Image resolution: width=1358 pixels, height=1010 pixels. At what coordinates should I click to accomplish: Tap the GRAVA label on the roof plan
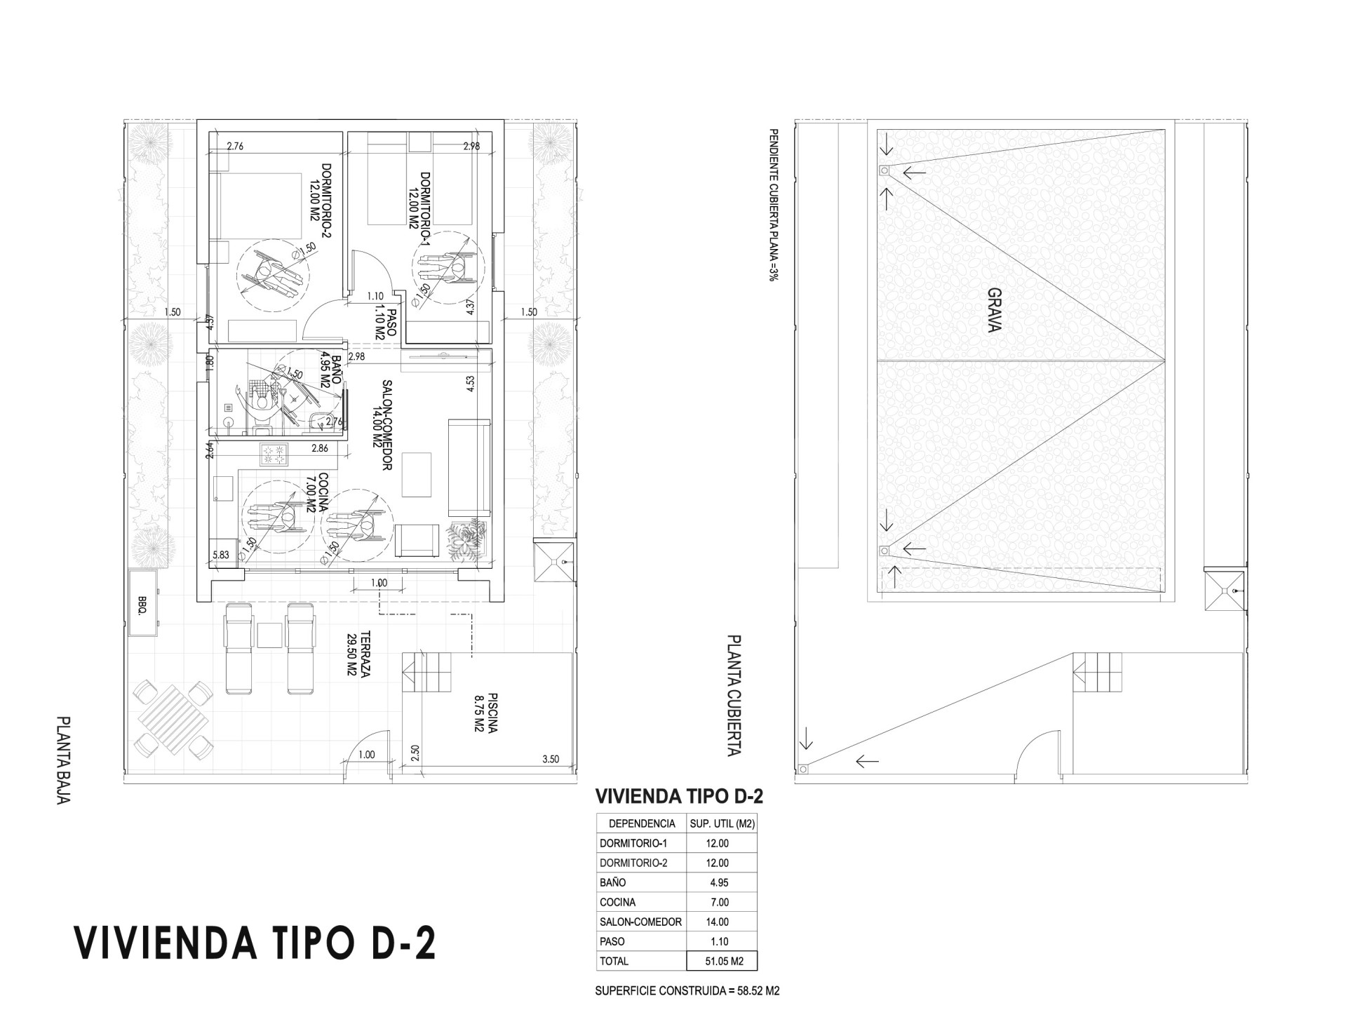994,310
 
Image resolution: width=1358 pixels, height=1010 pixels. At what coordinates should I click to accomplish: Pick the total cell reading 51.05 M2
724,962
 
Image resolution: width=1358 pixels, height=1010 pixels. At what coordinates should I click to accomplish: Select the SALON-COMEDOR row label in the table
640,922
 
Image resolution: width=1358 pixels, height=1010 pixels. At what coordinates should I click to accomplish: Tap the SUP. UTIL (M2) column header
722,823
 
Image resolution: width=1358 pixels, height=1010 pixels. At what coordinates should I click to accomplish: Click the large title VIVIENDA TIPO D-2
255,943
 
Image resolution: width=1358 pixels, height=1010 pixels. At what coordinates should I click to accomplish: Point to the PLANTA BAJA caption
64,760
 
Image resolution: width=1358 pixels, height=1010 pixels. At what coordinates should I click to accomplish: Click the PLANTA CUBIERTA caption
733,696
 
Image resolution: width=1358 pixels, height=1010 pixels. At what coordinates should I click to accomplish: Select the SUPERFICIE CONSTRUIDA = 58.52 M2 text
687,991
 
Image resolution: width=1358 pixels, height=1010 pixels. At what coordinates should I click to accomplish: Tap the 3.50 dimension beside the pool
551,759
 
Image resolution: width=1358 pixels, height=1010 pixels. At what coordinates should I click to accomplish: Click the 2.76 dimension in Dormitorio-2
234,147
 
